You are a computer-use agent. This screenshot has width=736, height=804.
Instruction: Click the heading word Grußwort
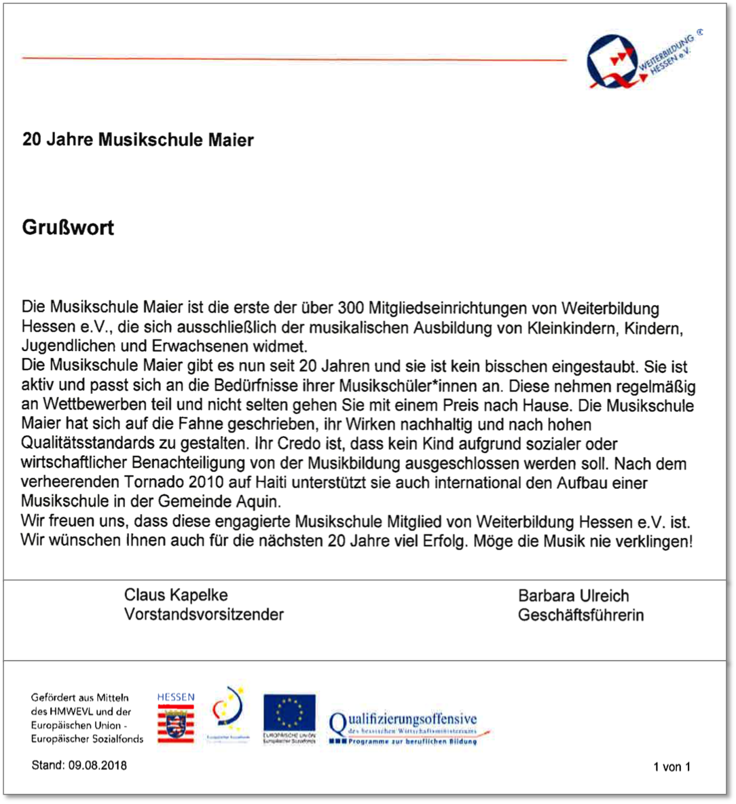point(68,227)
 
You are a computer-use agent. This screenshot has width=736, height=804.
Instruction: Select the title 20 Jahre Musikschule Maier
point(138,141)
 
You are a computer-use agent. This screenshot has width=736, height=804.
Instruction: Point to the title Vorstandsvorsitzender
point(204,615)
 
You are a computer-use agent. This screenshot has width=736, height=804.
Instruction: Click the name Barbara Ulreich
point(573,596)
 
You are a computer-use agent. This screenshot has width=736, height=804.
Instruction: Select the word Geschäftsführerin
point(581,615)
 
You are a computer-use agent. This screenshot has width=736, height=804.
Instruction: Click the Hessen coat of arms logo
point(176,720)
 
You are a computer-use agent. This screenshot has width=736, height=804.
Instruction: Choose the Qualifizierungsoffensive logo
point(407,727)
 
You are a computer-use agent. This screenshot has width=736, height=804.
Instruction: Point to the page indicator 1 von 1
point(671,767)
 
